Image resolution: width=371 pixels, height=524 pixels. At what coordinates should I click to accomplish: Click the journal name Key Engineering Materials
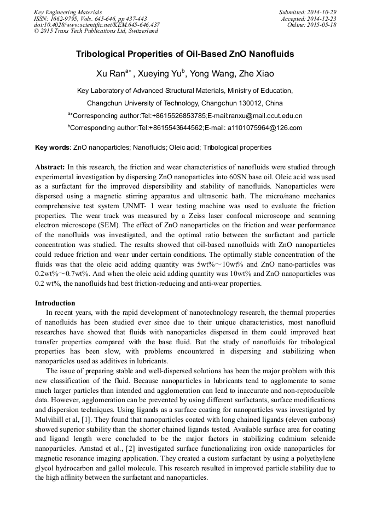tap(68, 11)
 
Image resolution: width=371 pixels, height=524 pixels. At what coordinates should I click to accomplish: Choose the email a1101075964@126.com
tap(267, 128)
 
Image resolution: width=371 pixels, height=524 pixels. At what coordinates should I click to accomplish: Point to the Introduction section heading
tap(55, 303)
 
